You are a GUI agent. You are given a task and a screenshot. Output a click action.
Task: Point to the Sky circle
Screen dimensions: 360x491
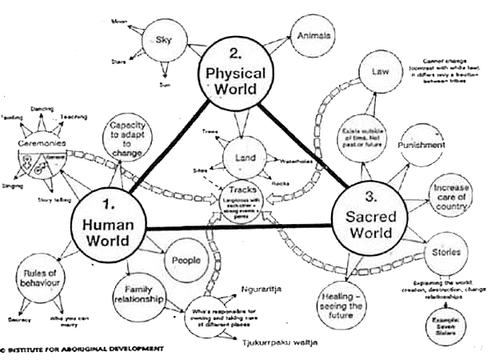163,40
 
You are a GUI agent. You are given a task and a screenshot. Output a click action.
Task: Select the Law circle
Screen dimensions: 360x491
380,73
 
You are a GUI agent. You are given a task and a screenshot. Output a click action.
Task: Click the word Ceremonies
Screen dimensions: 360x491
42,145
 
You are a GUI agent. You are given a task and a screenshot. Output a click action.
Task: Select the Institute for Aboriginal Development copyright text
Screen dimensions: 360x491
84,349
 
